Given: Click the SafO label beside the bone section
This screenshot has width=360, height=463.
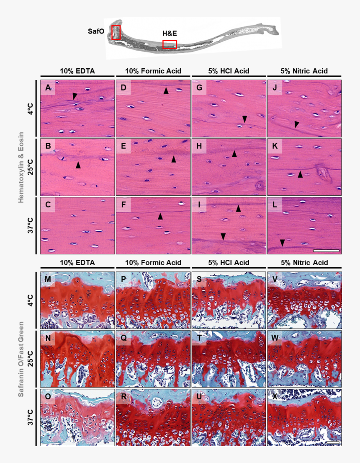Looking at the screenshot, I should coord(96,31).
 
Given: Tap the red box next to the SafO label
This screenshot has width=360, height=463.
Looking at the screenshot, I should coord(116,32).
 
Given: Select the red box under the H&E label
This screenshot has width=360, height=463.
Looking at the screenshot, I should coord(170,44).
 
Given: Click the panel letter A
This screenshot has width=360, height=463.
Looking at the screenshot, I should coord(48,88).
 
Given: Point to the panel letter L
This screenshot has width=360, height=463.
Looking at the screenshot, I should coord(275,205).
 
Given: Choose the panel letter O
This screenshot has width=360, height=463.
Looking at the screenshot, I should coord(49,397).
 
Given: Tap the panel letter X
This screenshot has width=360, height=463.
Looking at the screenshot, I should coord(275,397).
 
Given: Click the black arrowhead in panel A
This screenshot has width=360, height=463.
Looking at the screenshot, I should coord(75,96).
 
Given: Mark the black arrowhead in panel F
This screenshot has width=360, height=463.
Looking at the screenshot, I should coord(160,216).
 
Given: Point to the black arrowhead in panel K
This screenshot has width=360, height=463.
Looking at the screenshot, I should coord(300,174).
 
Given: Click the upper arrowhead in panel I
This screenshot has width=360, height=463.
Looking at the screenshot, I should coord(238,208).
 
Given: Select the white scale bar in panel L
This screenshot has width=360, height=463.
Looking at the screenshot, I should coord(326,250).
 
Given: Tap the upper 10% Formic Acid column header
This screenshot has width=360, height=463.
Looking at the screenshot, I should coord(153,71).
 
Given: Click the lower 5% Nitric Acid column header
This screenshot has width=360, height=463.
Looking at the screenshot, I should coord(304,263).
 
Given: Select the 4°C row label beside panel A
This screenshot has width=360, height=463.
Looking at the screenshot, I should coord(31,108).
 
